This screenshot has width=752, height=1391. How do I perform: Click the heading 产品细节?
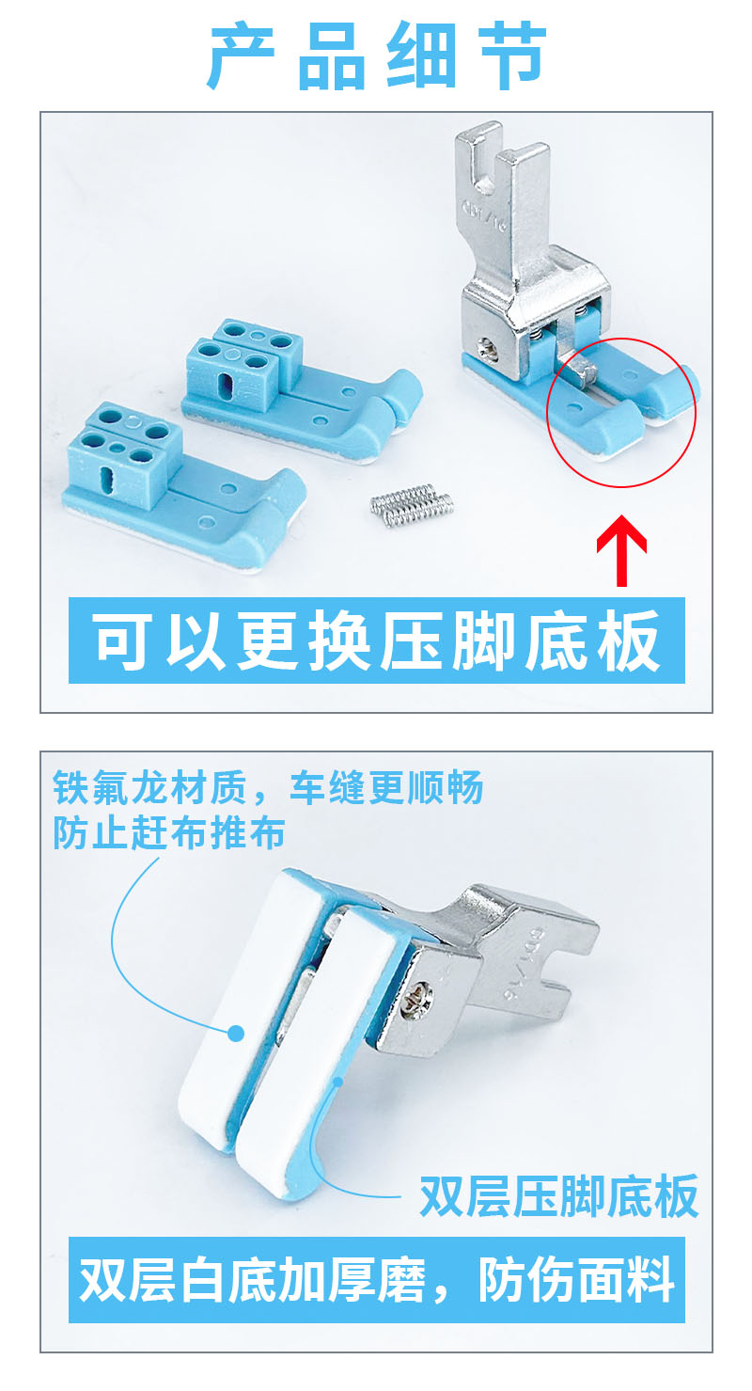point(377,55)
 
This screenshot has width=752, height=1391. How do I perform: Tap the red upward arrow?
point(621,550)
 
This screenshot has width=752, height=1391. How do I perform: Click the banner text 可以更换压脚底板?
point(376,640)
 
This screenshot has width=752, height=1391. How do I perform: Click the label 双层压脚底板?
point(559,1196)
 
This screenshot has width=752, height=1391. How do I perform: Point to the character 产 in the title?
point(241,55)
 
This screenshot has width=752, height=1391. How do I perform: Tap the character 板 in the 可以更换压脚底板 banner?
point(627,640)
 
